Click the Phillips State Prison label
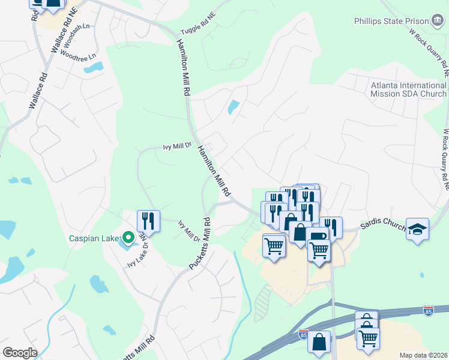coord(393,21)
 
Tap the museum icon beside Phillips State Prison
coord(438,21)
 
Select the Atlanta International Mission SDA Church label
coord(408,89)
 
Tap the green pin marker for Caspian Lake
coord(128,238)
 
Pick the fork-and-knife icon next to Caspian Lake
coord(148,220)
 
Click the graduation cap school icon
coord(417,229)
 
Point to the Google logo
coord(20,353)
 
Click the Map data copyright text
coord(424,355)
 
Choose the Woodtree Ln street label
coord(78,56)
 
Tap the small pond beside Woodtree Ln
coord(93,67)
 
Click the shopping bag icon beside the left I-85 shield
coord(320,341)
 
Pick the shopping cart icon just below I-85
coord(368,337)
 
